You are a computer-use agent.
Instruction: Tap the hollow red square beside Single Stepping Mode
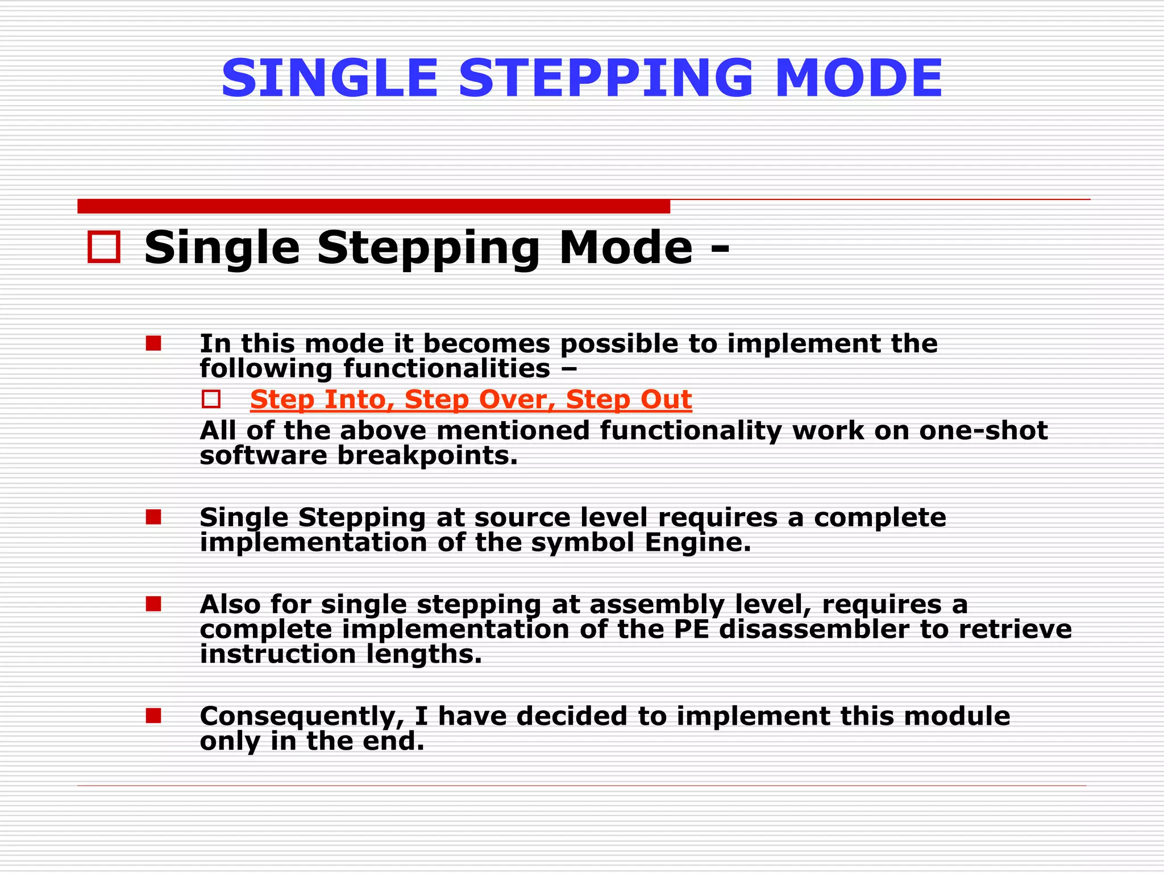[104, 247]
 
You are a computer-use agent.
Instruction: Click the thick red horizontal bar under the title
[373, 206]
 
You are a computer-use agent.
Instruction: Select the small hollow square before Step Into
[211, 400]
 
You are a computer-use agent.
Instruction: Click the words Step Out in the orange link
[629, 400]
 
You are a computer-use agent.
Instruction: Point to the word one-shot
[983, 430]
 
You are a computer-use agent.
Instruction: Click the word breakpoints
[427, 455]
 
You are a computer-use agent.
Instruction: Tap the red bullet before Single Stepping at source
[153, 517]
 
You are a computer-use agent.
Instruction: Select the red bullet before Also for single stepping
[153, 604]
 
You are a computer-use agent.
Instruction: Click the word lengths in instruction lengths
[423, 654]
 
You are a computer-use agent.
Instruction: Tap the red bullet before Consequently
[153, 716]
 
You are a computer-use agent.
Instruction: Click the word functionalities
[446, 369]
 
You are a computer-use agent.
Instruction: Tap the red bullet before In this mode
[153, 343]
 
